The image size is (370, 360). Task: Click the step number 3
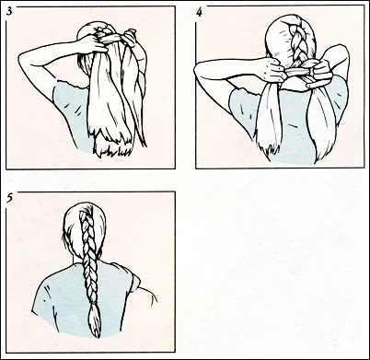coord(9,10)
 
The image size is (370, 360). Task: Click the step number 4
coord(200,10)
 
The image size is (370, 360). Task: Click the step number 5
coord(9,196)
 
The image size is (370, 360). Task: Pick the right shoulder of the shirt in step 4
coord(337,92)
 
